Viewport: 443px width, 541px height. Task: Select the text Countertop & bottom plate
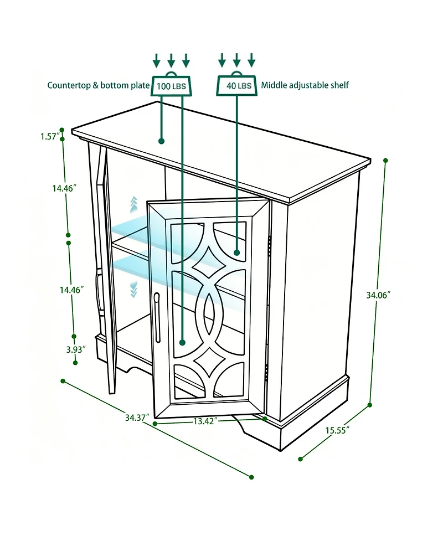point(99,85)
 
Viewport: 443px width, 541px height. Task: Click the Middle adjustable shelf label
point(305,85)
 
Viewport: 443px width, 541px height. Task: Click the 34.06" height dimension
point(378,295)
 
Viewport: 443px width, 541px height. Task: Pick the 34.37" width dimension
point(137,418)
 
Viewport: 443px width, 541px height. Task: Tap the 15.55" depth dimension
point(337,430)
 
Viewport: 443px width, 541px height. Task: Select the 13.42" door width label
point(205,421)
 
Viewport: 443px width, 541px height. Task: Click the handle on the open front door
point(157,317)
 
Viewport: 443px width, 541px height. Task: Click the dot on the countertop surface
point(162,141)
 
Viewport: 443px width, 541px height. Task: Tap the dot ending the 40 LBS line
point(236,253)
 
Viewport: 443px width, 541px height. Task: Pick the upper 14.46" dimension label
point(64,188)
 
